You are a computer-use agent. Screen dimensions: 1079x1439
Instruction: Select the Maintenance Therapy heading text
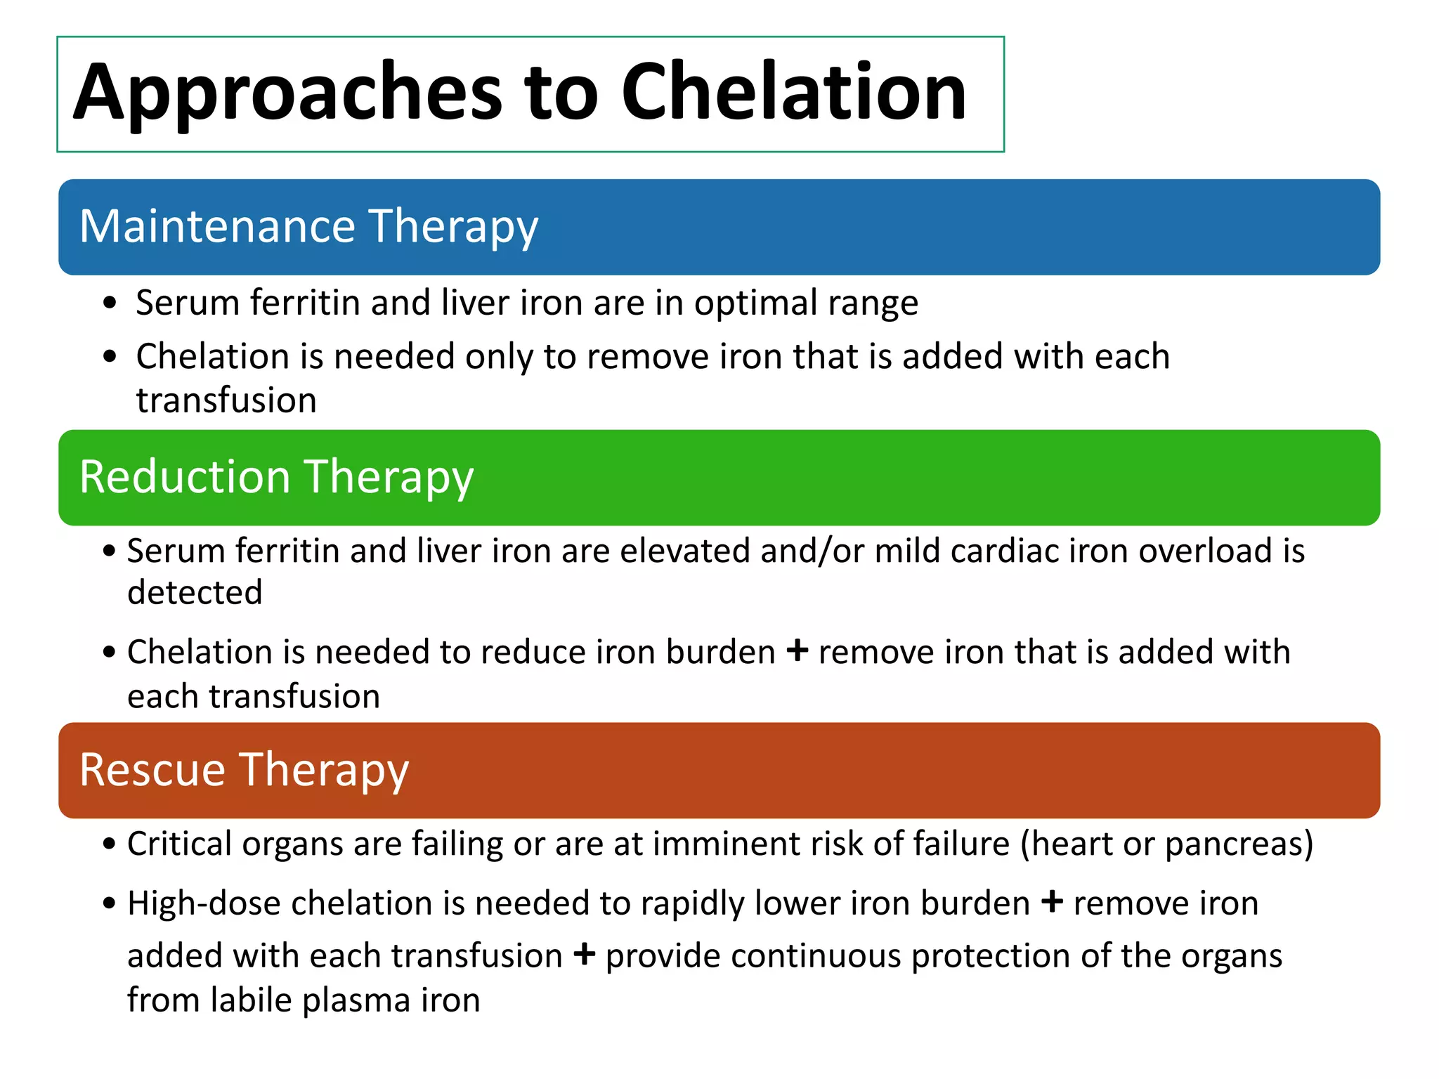[309, 227]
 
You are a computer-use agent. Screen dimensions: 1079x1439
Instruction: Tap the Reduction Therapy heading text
[277, 478]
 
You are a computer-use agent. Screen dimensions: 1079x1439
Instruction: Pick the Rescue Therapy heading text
[244, 771]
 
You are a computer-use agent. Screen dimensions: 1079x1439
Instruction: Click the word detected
[195, 593]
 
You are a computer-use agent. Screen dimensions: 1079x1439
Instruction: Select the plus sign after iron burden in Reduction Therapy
[796, 650]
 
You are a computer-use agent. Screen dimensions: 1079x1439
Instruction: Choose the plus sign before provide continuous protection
[584, 955]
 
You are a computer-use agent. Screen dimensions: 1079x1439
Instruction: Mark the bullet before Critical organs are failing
[108, 844]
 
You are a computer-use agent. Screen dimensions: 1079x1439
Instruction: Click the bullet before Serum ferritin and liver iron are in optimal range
[109, 304]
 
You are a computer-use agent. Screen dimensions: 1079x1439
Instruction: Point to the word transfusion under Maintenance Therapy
[226, 401]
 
